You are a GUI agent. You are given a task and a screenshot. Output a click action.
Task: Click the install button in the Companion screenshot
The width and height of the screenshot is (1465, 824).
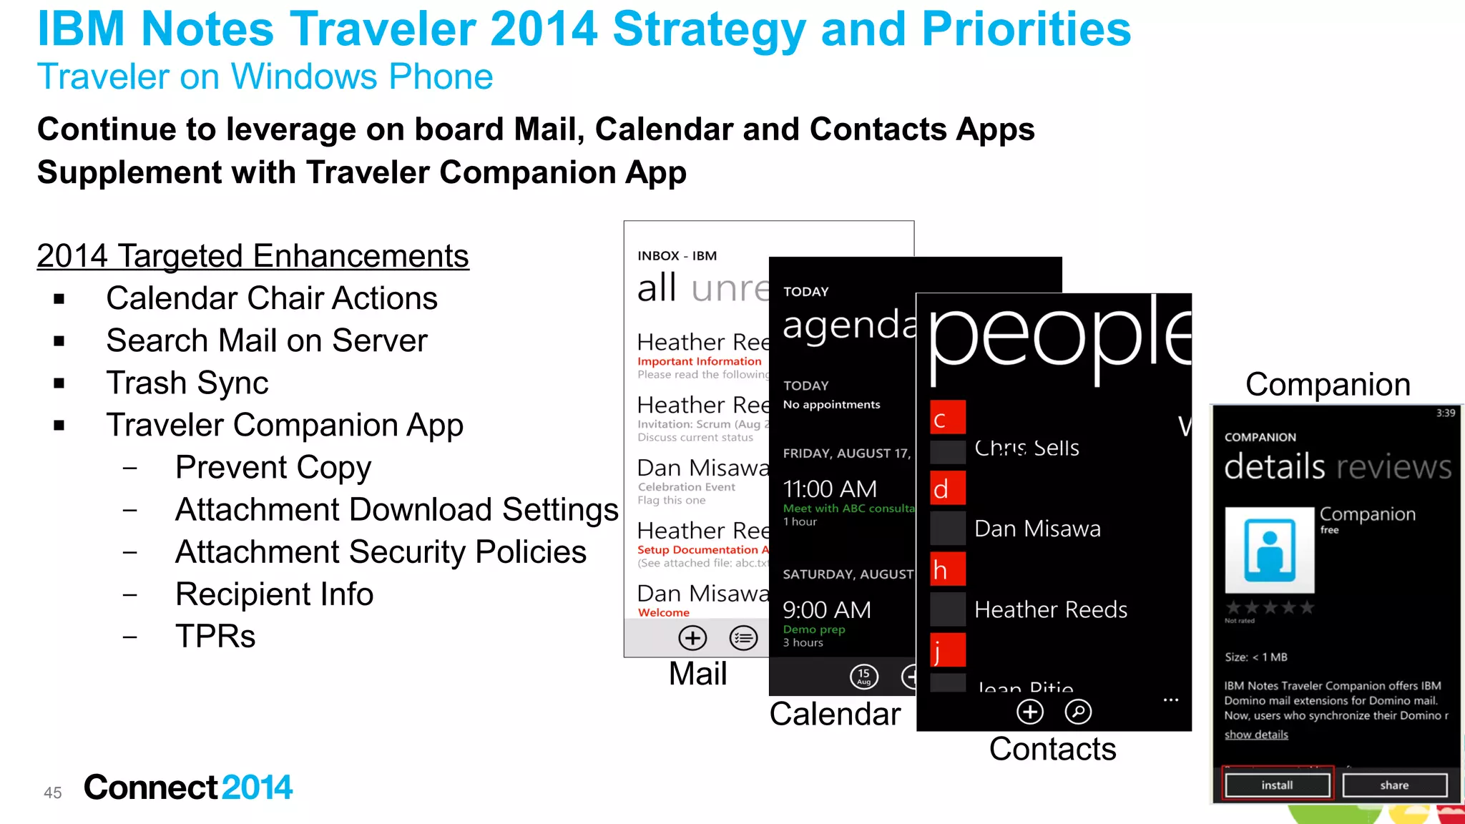(x=1277, y=785)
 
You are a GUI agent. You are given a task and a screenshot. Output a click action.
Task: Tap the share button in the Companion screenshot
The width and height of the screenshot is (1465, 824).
(x=1394, y=785)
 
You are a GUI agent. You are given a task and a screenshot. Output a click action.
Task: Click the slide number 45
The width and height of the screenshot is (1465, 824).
(x=52, y=793)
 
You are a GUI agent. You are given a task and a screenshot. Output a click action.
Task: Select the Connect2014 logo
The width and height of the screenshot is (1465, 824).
(x=188, y=788)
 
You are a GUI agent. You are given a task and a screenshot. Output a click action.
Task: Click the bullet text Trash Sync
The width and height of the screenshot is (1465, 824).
(x=187, y=383)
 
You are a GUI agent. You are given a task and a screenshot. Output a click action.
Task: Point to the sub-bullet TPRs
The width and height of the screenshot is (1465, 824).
(x=215, y=636)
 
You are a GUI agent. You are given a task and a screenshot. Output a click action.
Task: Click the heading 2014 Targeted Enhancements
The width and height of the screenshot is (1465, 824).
(x=253, y=256)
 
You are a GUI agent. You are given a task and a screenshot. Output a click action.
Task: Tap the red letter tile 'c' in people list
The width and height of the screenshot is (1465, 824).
(x=947, y=418)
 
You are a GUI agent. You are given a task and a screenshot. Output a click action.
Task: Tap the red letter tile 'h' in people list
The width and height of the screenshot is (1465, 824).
(x=947, y=569)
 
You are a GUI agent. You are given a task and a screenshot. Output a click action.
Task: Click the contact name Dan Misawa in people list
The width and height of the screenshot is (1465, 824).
(x=1037, y=529)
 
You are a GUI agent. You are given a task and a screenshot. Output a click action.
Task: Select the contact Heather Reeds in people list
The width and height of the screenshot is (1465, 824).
(x=1050, y=609)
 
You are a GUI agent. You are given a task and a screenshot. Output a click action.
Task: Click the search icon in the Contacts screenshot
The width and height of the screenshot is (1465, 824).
(x=1078, y=712)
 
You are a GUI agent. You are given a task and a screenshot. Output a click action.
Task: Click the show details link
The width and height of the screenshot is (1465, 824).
(x=1255, y=735)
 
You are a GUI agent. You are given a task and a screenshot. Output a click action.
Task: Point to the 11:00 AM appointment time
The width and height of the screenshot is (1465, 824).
(x=830, y=489)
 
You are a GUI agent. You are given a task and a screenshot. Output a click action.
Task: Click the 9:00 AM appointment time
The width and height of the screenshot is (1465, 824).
(x=827, y=609)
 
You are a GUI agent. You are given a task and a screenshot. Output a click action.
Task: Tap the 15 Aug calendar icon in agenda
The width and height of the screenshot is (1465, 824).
(x=863, y=676)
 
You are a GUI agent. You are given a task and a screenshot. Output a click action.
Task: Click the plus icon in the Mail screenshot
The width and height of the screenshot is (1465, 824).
(x=692, y=637)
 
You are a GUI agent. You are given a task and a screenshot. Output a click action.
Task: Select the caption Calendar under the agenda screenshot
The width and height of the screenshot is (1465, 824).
(x=835, y=714)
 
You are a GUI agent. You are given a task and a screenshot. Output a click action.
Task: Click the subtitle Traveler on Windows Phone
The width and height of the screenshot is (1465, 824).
(x=265, y=77)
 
